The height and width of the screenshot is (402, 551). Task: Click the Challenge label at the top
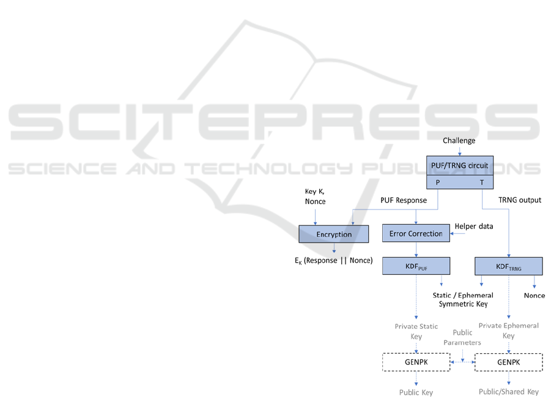pos(459,141)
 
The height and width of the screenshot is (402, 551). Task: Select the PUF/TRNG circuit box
pos(459,166)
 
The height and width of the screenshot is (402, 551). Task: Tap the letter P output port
pos(438,183)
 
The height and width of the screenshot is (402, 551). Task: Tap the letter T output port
pos(482,183)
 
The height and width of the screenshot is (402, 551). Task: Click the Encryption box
pos(334,234)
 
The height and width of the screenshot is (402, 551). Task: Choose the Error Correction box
pos(416,233)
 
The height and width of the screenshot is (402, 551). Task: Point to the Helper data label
pos(474,227)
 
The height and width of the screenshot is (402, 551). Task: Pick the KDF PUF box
pos(416,266)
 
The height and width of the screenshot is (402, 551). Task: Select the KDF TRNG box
pos(508,266)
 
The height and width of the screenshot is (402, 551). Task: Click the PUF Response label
pos(404,200)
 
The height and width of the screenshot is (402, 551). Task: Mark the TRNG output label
pos(520,200)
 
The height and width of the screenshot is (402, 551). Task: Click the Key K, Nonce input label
pos(315,196)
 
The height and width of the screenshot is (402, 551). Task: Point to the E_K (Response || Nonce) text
pos(333,260)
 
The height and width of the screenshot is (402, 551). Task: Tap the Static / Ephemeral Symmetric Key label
pos(463,299)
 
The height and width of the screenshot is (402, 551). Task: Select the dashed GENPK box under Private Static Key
pos(416,362)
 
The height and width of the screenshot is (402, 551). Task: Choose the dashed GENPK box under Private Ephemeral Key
pos(508,362)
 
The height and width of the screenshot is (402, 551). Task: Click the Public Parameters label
pos(462,337)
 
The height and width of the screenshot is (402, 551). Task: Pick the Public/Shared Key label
pos(508,392)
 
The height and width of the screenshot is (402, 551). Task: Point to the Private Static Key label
pos(416,331)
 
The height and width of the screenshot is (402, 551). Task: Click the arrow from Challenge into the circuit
pos(459,151)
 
